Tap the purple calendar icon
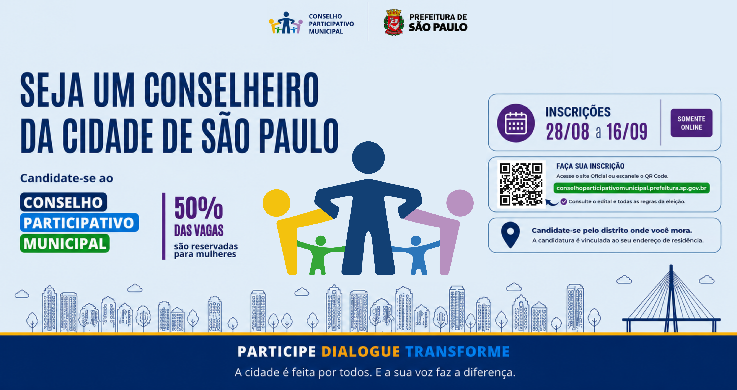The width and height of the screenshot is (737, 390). tap(515, 123)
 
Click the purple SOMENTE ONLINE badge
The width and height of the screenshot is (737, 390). tap(691, 123)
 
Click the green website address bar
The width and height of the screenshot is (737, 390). tap(631, 188)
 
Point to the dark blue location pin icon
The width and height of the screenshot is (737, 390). tap(510, 235)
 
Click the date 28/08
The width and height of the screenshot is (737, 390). tap(567, 132)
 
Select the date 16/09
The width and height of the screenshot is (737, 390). tap(627, 132)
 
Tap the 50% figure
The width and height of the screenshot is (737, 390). tap(199, 208)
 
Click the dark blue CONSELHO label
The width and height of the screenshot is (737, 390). tap(64, 202)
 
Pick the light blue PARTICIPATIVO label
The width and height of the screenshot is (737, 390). tap(79, 223)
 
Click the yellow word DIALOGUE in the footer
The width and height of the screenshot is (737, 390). tap(360, 352)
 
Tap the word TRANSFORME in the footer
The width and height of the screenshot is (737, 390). tap(457, 352)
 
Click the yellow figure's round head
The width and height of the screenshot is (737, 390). tap(276, 203)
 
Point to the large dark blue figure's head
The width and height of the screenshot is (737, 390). tap(368, 158)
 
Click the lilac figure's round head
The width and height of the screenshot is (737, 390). tap(460, 203)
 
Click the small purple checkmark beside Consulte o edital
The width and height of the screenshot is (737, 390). tap(564, 201)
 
